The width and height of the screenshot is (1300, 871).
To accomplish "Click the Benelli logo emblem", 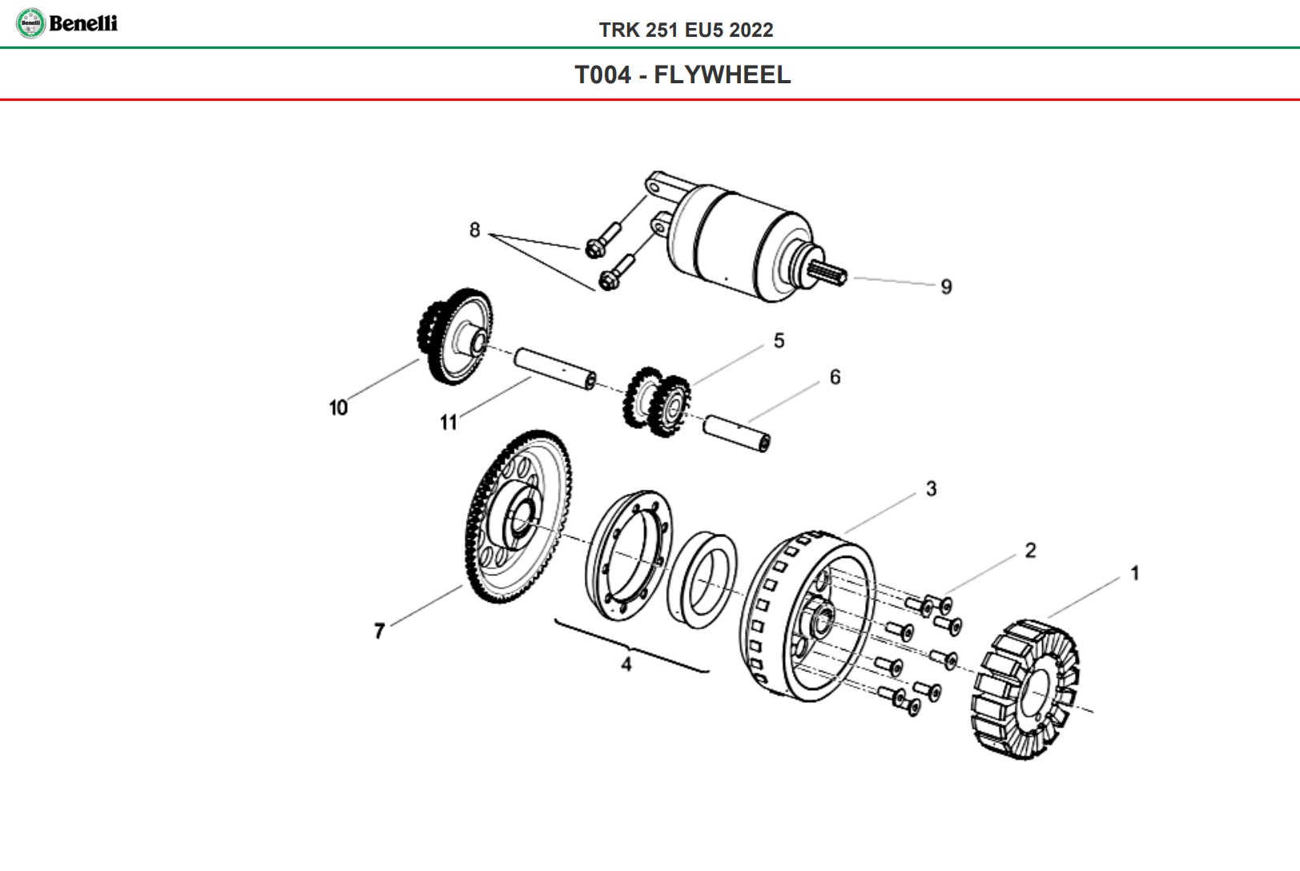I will (x=30, y=22).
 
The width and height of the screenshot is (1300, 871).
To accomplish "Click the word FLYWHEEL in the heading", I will (x=722, y=74).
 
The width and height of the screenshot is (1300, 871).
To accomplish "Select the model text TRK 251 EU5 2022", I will (x=686, y=30).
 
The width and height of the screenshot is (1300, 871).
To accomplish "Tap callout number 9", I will (x=946, y=287).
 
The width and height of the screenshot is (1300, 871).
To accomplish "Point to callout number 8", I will (x=474, y=231).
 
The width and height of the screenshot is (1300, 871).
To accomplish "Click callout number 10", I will (x=338, y=407).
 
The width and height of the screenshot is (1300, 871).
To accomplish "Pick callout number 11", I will (x=448, y=422).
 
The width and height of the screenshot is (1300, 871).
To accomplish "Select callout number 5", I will (x=779, y=341).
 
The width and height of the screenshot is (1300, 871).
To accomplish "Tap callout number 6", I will (x=835, y=377).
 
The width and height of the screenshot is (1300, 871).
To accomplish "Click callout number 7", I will (x=379, y=631).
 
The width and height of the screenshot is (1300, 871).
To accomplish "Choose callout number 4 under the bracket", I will (x=626, y=664).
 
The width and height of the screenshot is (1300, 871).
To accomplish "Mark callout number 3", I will (x=931, y=488).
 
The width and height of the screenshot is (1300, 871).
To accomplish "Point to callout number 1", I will (x=1134, y=573).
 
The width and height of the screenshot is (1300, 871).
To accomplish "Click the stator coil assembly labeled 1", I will (x=1026, y=688).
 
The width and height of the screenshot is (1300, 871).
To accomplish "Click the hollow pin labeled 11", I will (x=554, y=368).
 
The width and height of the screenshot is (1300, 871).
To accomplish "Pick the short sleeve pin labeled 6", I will (x=737, y=432).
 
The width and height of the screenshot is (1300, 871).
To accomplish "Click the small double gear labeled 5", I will (x=656, y=400).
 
